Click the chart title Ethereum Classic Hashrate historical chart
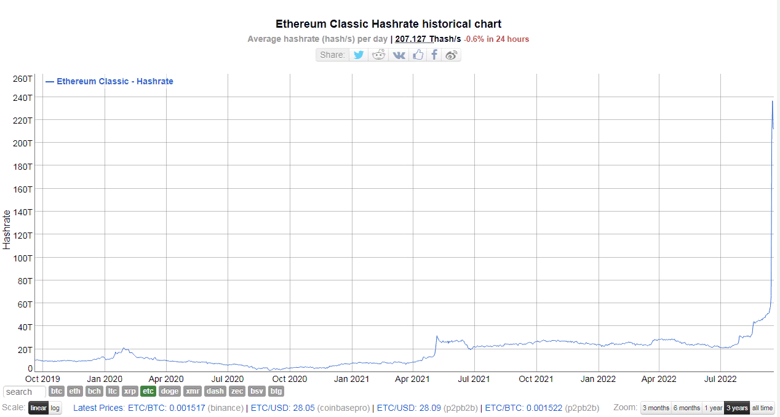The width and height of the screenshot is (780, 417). pos(388,24)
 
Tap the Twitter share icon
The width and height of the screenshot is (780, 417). pos(359,55)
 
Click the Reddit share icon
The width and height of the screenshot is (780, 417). pos(379,55)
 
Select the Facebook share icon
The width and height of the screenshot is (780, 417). pos(434,55)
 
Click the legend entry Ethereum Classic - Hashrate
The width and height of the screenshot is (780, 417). pos(114,81)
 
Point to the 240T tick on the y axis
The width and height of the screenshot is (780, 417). pos(23,97)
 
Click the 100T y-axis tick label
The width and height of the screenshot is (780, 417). pos(23,258)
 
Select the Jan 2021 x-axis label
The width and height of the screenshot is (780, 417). pos(352,379)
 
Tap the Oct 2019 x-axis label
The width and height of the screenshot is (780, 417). pos(43,379)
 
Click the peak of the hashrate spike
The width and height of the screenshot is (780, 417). pos(772,101)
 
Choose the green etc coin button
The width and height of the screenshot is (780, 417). pos(148,391)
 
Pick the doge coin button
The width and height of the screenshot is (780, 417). pos(170,391)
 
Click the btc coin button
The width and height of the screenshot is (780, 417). pos(57,391)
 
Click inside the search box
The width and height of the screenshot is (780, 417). pos(23,392)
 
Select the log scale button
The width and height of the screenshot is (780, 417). pos(55,408)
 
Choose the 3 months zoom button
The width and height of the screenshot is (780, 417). pos(656,408)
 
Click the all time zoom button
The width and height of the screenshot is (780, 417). pos(762,408)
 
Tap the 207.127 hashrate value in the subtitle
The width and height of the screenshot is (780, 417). pos(415,39)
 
